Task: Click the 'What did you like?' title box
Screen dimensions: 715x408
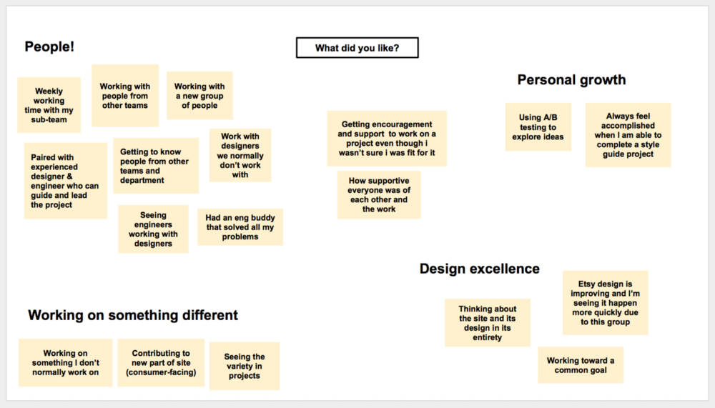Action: click(357, 48)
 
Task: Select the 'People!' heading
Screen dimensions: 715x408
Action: click(49, 46)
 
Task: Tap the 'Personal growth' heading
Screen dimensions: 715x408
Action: click(571, 80)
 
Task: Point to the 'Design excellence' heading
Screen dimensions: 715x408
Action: click(479, 269)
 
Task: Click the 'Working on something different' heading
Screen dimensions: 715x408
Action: click(133, 315)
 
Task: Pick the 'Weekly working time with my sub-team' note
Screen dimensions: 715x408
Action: click(49, 105)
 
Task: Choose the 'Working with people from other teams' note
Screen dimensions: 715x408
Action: click(125, 96)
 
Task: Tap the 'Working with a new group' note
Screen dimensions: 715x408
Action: click(199, 96)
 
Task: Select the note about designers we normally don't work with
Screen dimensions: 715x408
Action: click(240, 156)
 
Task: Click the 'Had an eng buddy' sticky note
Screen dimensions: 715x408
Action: click(240, 227)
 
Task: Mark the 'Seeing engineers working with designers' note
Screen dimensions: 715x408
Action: click(153, 229)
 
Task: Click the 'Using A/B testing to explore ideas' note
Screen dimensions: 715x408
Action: click(538, 127)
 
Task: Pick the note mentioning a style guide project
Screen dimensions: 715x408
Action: click(628, 135)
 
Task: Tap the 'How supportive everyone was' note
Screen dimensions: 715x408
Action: click(379, 195)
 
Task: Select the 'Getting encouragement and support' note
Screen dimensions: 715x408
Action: click(387, 139)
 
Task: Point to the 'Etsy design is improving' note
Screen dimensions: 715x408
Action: click(605, 303)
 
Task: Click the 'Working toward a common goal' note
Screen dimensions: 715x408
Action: click(581, 365)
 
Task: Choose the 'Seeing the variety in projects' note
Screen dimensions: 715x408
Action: click(245, 366)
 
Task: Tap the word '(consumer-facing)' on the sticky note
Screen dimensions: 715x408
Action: click(161, 372)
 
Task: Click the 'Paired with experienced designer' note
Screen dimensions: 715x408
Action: click(66, 181)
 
